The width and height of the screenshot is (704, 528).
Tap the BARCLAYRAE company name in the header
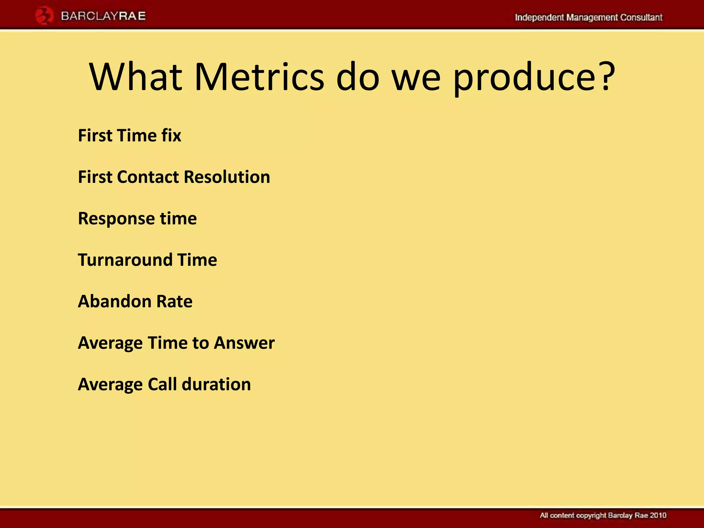pyautogui.click(x=103, y=16)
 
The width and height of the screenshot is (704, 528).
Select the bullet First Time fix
pyautogui.click(x=129, y=135)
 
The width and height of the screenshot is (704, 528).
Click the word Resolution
pyautogui.click(x=227, y=177)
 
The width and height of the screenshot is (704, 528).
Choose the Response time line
pyautogui.click(x=137, y=219)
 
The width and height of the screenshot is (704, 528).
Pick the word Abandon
pyautogui.click(x=114, y=301)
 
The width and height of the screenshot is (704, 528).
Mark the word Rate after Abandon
pyautogui.click(x=174, y=301)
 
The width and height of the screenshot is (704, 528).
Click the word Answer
pyautogui.click(x=244, y=343)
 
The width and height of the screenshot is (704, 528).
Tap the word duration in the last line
pyautogui.click(x=216, y=384)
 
